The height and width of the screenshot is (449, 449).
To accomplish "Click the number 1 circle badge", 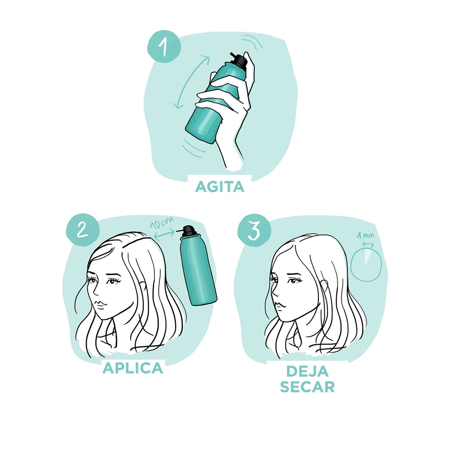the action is pyautogui.click(x=164, y=46).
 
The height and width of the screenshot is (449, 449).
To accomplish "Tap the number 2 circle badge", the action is pyautogui.click(x=82, y=230).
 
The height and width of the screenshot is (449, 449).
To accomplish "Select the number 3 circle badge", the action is pyautogui.click(x=254, y=230).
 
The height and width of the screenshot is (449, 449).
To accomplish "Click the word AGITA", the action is pyautogui.click(x=220, y=187).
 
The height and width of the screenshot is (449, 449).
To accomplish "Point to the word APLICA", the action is pyautogui.click(x=133, y=368).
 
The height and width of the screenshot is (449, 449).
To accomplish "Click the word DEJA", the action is pyautogui.click(x=307, y=371).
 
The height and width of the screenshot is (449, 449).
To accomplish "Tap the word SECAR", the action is pyautogui.click(x=307, y=387).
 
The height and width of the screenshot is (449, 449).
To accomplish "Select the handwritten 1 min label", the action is pyautogui.click(x=366, y=235).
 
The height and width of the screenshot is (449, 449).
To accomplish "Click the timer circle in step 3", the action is pyautogui.click(x=366, y=265).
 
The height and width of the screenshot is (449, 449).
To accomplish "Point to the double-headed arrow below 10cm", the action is pyautogui.click(x=164, y=234).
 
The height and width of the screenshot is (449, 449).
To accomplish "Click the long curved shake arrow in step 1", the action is pyautogui.click(x=191, y=83).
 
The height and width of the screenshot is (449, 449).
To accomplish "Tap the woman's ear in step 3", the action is pyautogui.click(x=325, y=285).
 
